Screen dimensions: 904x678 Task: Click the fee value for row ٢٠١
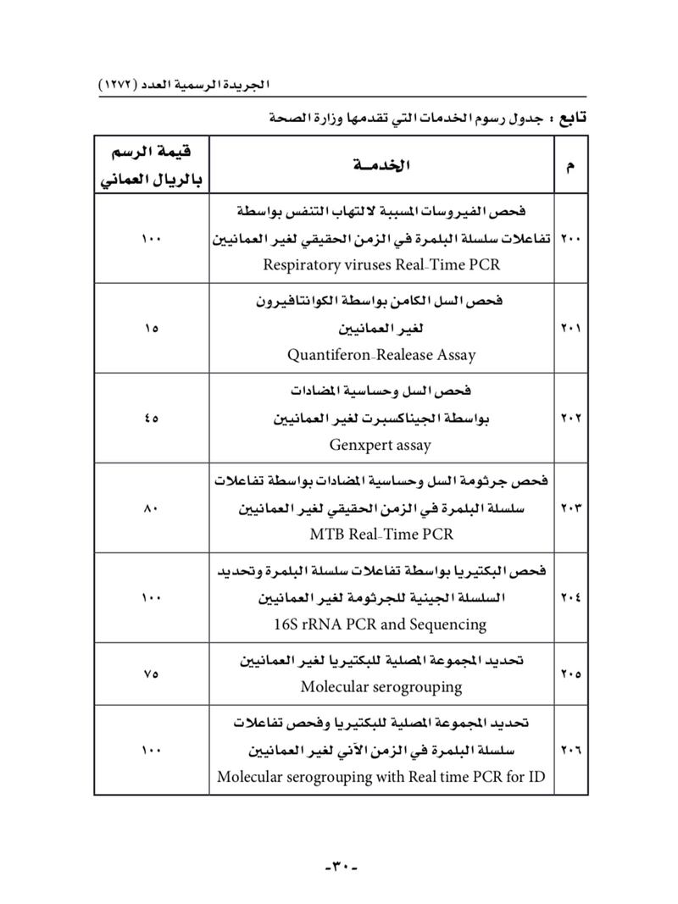pos(151,329)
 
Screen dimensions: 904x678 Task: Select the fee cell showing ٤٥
pos(151,418)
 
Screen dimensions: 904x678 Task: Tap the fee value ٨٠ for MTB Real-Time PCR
pos(151,508)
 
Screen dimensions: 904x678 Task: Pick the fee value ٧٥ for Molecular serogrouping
pos(151,674)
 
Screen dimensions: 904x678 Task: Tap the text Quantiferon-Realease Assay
pos(381,356)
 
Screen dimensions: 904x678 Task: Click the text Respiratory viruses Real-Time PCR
pos(381,264)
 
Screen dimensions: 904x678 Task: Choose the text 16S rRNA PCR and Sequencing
pos(380,624)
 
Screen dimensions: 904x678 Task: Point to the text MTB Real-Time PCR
pos(381,534)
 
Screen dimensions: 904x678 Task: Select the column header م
pos(568,166)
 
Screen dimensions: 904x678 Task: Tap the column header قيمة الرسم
pos(151,153)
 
